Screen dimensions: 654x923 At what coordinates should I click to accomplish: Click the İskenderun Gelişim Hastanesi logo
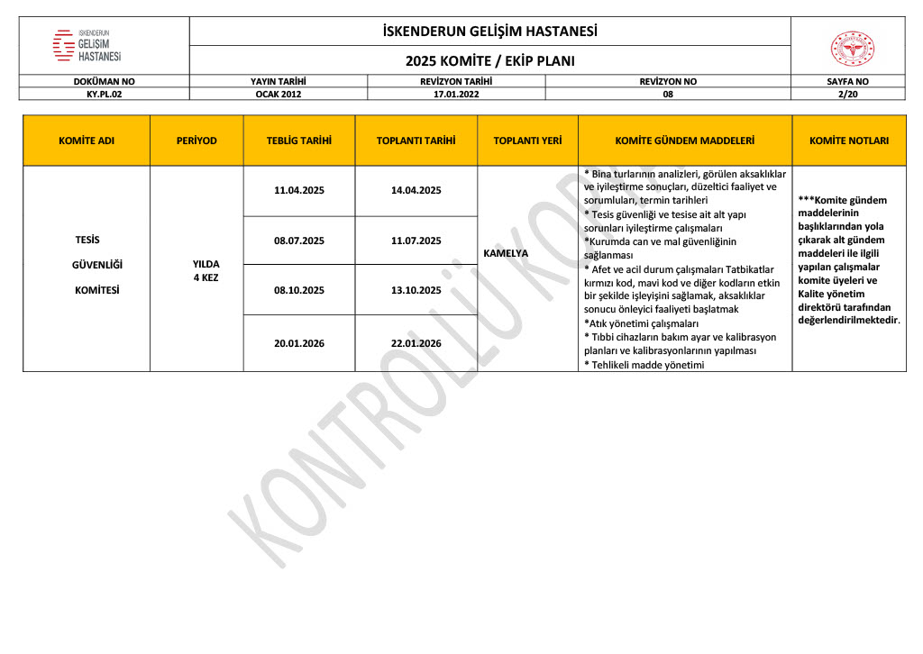pyautogui.click(x=87, y=45)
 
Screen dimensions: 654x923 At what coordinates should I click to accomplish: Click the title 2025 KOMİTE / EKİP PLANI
pyautogui.click(x=489, y=61)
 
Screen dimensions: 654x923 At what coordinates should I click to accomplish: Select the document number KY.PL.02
pyautogui.click(x=104, y=93)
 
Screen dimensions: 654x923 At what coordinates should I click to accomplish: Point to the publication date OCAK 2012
pyautogui.click(x=279, y=93)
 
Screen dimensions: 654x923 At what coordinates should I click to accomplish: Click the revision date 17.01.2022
pyautogui.click(x=455, y=93)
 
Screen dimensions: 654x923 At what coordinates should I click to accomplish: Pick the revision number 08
pyautogui.click(x=668, y=93)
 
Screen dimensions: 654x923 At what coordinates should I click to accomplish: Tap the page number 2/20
pyautogui.click(x=847, y=93)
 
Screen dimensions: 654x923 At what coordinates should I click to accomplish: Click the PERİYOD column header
pyautogui.click(x=196, y=141)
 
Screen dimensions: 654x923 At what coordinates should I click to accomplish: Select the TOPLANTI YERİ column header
pyautogui.click(x=527, y=141)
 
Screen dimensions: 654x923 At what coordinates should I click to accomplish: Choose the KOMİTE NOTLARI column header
pyautogui.click(x=849, y=141)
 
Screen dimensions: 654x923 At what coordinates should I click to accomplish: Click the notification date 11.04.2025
pyautogui.click(x=299, y=190)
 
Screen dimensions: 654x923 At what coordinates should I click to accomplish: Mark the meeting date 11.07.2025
pyautogui.click(x=416, y=241)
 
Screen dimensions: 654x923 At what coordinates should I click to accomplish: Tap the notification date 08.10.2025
pyautogui.click(x=299, y=290)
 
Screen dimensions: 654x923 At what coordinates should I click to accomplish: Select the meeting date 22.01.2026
pyautogui.click(x=416, y=343)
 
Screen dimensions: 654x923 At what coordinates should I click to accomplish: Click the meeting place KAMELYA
pyautogui.click(x=507, y=253)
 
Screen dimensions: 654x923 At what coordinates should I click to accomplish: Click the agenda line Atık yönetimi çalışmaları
pyautogui.click(x=642, y=323)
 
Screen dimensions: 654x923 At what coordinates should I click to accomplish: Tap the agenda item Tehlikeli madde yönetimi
pyautogui.click(x=644, y=365)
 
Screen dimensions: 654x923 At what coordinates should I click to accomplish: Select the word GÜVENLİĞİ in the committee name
pyautogui.click(x=87, y=265)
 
